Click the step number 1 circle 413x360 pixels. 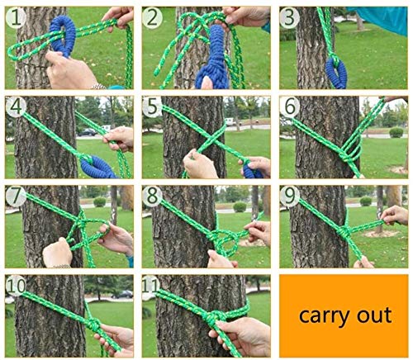16,17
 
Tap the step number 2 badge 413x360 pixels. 153,17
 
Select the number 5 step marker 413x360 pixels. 152,107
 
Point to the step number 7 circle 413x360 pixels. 16,196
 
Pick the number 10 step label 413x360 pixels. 16,286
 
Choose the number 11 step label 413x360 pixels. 151,286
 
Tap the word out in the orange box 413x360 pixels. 374,315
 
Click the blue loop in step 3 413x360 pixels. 336,73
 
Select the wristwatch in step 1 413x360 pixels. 98,87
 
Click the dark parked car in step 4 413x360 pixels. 88,132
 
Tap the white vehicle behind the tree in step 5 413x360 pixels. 230,121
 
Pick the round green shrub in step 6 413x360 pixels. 396,133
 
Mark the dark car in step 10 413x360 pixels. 122,295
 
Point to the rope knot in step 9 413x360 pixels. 344,232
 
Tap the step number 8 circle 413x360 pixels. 152,196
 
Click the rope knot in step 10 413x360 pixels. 93,324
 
